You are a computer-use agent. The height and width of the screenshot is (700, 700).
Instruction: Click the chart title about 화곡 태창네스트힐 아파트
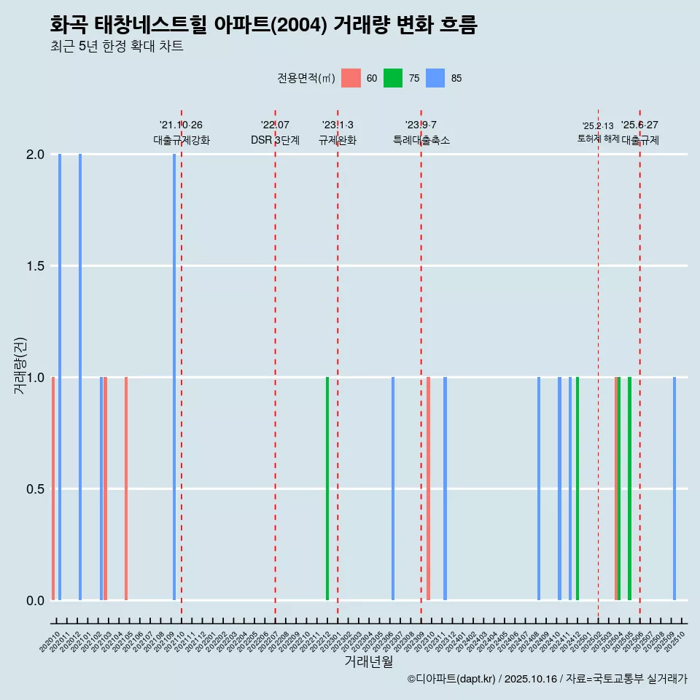[x=263, y=26]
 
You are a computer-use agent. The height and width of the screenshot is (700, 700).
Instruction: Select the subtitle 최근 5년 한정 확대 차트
[x=117, y=47]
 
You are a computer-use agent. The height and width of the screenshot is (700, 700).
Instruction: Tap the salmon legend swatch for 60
[x=351, y=78]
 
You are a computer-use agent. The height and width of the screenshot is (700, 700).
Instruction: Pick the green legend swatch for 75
[x=393, y=78]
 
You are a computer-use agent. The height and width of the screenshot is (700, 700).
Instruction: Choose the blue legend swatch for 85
[x=435, y=78]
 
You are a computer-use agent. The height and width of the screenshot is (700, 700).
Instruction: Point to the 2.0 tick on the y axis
[x=36, y=155]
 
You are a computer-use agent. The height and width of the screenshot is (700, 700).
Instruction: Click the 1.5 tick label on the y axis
[x=36, y=266]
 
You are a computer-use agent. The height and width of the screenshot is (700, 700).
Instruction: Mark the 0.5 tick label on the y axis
[x=36, y=489]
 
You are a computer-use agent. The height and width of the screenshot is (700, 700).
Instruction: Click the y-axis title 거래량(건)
[x=20, y=365]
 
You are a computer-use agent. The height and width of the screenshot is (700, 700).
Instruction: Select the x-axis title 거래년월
[x=368, y=662]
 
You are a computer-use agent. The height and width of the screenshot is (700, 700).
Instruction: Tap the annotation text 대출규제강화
[x=182, y=141]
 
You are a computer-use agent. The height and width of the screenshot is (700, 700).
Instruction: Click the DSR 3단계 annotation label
[x=275, y=141]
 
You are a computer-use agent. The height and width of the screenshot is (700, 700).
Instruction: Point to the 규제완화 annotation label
[x=338, y=141]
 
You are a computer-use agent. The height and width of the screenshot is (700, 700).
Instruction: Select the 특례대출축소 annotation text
[x=421, y=141]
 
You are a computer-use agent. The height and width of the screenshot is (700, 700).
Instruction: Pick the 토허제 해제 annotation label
[x=598, y=139]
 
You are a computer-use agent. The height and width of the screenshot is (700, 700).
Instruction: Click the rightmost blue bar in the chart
[x=674, y=489]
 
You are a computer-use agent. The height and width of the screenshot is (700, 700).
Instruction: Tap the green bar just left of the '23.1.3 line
[x=327, y=489]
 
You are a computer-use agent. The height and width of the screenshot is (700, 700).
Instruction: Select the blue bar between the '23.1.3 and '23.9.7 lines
[x=393, y=489]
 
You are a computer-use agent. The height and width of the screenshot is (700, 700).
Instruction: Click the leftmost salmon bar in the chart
[x=53, y=489]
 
